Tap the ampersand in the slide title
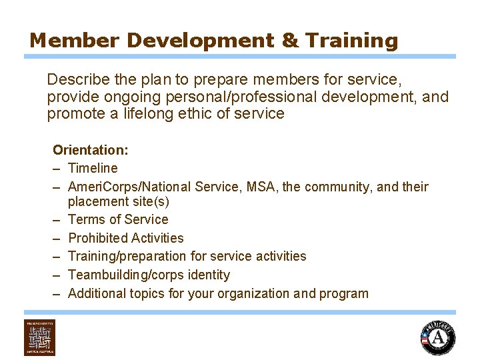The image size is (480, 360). [291, 41]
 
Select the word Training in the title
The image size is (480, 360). [351, 41]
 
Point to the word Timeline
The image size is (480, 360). [93, 168]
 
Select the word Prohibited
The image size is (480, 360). [98, 238]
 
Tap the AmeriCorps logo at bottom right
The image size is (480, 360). [438, 337]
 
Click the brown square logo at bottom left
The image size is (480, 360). [40, 337]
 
